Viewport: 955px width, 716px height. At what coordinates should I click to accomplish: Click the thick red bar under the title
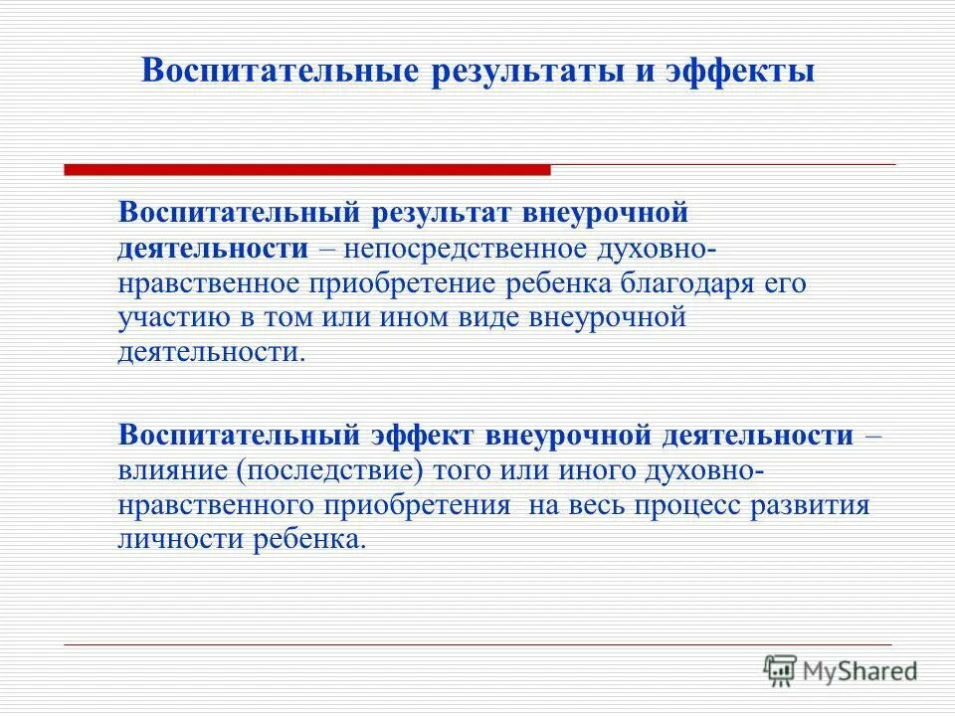coord(306,170)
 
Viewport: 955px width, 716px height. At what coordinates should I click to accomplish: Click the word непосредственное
coord(453,248)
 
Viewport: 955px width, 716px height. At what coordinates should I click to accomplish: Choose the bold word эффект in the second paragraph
coord(426,435)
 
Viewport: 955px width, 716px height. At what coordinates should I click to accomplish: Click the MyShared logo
coord(841,671)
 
